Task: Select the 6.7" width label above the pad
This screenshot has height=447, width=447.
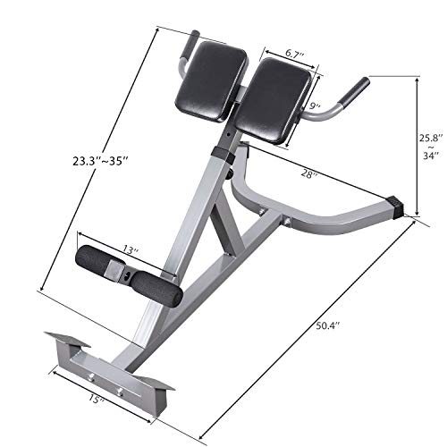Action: (289, 56)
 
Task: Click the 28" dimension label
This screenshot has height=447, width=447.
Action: (312, 176)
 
